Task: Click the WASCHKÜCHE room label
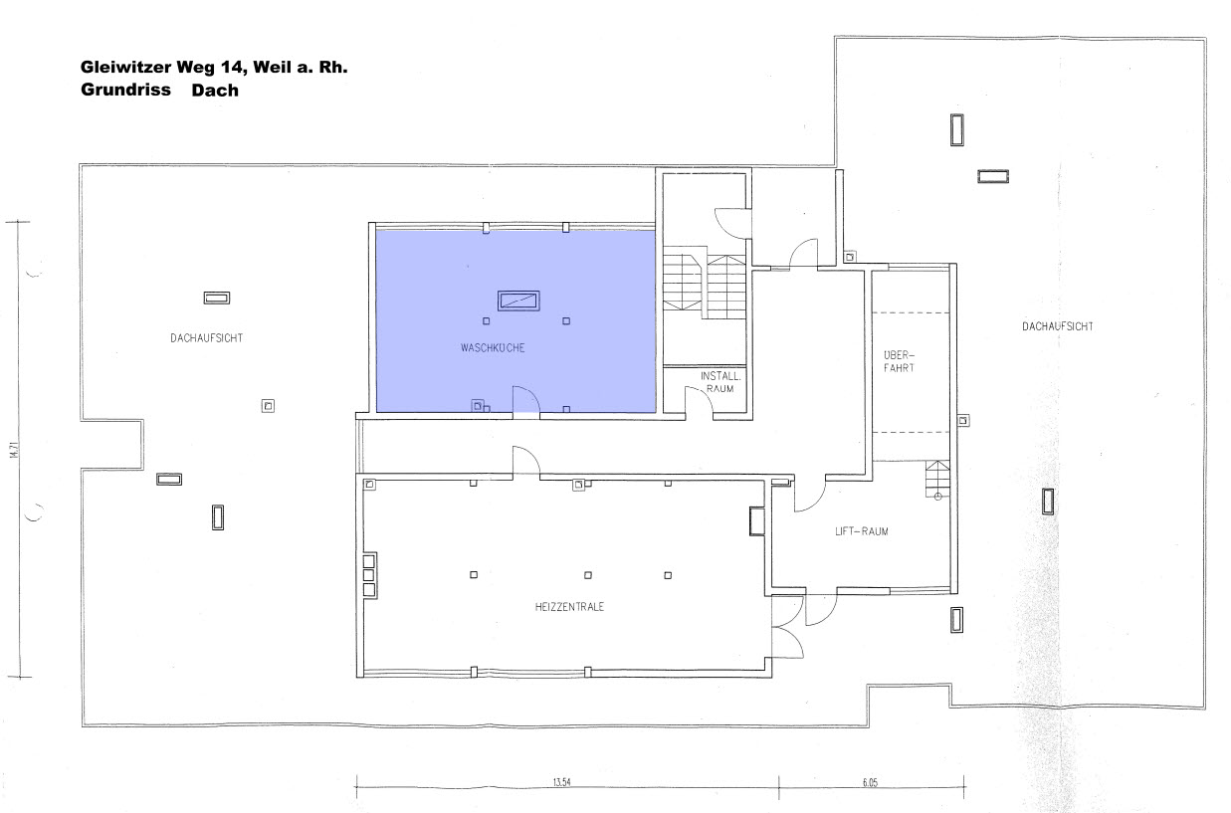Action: pos(493,347)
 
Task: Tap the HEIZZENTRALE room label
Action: pos(569,607)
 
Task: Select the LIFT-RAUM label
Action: pos(862,531)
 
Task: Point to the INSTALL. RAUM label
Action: pos(720,382)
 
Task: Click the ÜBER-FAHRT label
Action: pos(899,361)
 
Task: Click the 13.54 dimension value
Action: pos(561,782)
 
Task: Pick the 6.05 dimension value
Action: pos(870,783)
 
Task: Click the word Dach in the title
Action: pos(215,91)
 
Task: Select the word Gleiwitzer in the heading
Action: pos(125,67)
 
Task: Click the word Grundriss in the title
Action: pos(125,90)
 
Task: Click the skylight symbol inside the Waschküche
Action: pos(518,301)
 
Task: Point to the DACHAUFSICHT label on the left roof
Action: pos(207,338)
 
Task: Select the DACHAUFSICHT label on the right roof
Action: pos(1058,326)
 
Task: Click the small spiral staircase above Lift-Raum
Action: pos(937,480)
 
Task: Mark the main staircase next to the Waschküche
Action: pos(704,287)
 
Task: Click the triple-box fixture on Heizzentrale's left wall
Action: pos(369,575)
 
